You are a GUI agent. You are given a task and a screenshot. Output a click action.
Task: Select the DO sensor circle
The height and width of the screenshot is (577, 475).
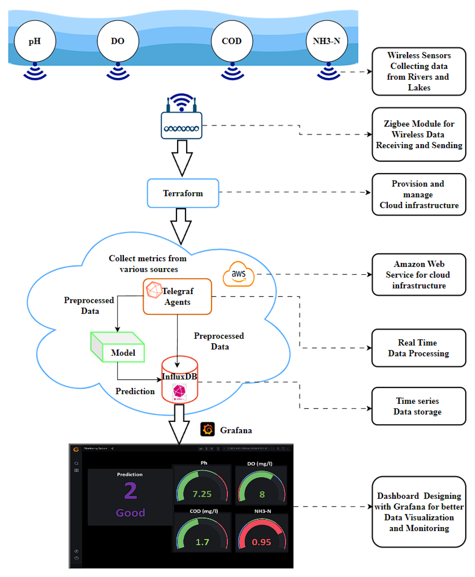[x=118, y=41]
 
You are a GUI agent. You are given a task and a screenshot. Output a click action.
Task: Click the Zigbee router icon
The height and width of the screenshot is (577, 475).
[x=181, y=120]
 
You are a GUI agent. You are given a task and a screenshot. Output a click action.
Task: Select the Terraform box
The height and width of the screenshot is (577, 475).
[x=183, y=193]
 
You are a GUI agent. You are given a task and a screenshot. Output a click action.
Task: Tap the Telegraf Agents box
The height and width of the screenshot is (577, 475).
[x=177, y=296]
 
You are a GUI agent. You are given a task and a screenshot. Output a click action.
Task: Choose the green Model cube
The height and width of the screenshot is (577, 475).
[x=118, y=347]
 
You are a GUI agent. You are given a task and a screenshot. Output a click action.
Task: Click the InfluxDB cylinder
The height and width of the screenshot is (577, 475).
[x=180, y=379]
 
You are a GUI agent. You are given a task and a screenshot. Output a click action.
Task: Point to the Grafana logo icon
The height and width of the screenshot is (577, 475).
[x=207, y=429]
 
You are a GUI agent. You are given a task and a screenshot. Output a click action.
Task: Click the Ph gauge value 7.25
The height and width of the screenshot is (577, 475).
[x=202, y=494]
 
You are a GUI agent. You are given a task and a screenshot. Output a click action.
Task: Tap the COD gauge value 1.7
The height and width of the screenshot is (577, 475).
[x=202, y=542]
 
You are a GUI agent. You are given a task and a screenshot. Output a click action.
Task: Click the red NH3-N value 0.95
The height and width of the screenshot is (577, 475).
[x=261, y=542]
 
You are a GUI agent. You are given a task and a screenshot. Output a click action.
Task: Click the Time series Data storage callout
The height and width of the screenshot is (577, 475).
[x=418, y=406]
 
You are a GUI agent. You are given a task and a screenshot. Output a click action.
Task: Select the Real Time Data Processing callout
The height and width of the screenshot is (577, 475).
[x=418, y=348]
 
